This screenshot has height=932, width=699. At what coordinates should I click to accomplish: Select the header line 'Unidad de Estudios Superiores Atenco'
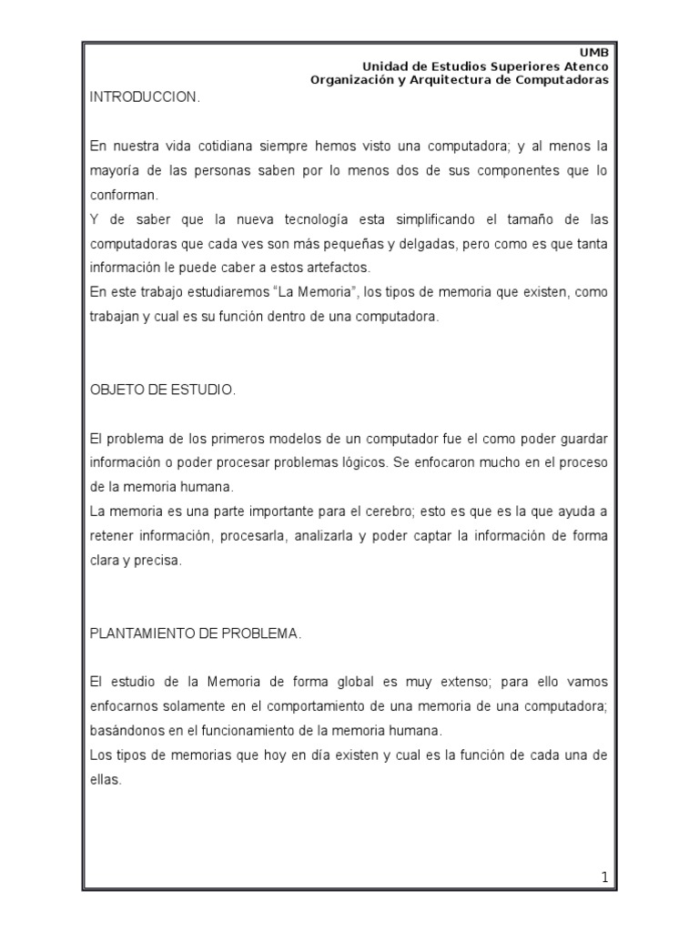486,66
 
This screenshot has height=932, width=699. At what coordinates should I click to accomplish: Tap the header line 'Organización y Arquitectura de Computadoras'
460,79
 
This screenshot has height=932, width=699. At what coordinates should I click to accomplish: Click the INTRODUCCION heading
144,97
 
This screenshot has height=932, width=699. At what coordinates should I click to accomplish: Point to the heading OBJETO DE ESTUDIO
163,390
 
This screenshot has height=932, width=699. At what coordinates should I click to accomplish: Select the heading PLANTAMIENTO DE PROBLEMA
195,633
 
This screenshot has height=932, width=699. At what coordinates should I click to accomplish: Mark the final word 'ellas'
106,779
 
